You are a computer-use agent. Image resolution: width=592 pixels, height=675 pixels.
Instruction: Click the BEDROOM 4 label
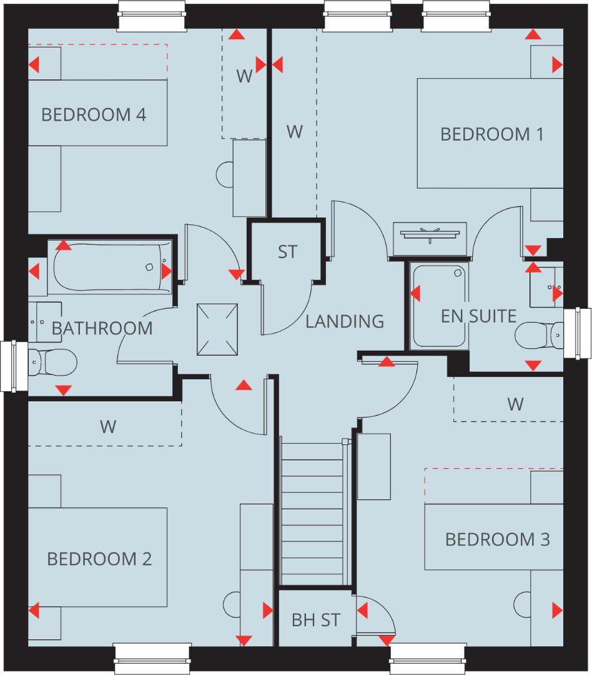click(x=94, y=115)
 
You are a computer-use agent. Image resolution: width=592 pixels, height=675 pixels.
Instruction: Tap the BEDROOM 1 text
click(x=492, y=134)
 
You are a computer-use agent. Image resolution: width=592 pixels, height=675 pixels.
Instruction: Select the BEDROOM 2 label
click(x=99, y=558)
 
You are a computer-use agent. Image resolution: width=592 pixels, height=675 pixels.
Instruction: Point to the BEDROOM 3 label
click(x=498, y=539)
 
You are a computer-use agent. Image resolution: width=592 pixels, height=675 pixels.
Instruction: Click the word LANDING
click(x=345, y=321)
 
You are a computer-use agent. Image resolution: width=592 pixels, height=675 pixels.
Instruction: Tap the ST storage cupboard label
click(x=288, y=252)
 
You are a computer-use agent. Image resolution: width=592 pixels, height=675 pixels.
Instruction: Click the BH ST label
click(x=316, y=621)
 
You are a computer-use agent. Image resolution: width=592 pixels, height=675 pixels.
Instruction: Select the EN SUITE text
click(x=478, y=316)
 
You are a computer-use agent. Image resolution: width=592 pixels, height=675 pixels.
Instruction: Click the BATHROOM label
click(x=102, y=327)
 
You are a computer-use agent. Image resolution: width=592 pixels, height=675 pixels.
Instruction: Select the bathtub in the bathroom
click(x=110, y=268)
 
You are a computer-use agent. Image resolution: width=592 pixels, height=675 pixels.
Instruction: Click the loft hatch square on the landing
click(x=217, y=328)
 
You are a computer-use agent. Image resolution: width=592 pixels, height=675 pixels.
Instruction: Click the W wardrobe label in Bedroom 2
click(x=108, y=427)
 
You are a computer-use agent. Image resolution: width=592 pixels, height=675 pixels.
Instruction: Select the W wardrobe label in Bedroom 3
click(x=515, y=404)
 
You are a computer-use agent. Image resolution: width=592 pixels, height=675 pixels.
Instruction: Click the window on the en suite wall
click(x=577, y=333)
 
